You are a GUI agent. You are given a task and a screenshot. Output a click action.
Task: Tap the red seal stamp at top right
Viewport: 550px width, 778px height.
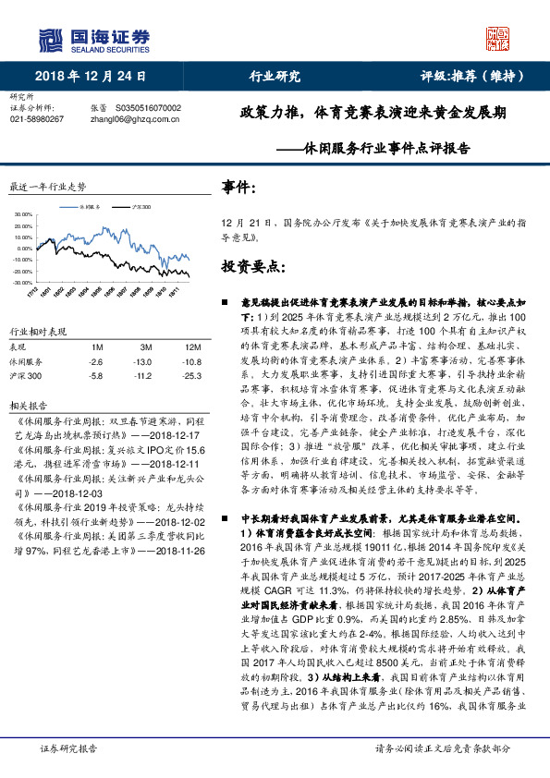pyautogui.click(x=498, y=38)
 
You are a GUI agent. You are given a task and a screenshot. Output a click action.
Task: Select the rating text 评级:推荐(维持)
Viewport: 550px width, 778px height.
pyautogui.click(x=468, y=77)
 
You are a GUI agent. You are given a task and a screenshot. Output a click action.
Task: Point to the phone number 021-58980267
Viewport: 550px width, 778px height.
pyautogui.click(x=36, y=119)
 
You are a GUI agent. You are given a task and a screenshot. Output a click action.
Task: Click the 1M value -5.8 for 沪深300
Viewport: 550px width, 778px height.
pyautogui.click(x=95, y=377)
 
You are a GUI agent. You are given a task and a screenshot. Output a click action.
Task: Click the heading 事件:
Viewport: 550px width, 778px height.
pyautogui.click(x=239, y=188)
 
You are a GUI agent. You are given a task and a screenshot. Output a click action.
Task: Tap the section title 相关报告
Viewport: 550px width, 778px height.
pyautogui.click(x=24, y=405)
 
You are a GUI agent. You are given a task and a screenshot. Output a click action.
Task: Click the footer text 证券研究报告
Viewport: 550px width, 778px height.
pyautogui.click(x=69, y=748)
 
